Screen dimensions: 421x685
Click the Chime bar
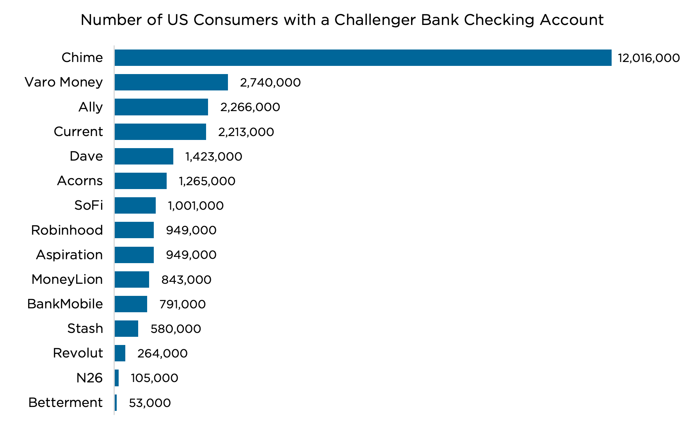click(363, 58)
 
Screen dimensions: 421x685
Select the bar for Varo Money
click(171, 82)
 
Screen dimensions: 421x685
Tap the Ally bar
click(161, 107)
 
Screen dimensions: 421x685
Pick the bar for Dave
click(144, 156)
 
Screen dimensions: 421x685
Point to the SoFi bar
click(135, 205)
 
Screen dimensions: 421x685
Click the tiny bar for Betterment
click(116, 403)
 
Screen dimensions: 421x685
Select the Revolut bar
click(120, 353)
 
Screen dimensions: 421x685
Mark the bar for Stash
click(126, 329)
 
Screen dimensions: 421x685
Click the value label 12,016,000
click(649, 58)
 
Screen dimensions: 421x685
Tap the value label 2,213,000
click(246, 132)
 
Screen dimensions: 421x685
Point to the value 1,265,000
click(207, 181)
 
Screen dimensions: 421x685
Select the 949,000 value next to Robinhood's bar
click(191, 230)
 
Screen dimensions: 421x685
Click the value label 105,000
click(155, 378)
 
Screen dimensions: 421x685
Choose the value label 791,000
click(182, 304)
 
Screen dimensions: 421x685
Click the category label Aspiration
click(69, 255)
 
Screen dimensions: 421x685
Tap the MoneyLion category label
click(67, 279)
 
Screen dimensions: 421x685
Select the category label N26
click(89, 378)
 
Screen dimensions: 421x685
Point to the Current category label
click(78, 132)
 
